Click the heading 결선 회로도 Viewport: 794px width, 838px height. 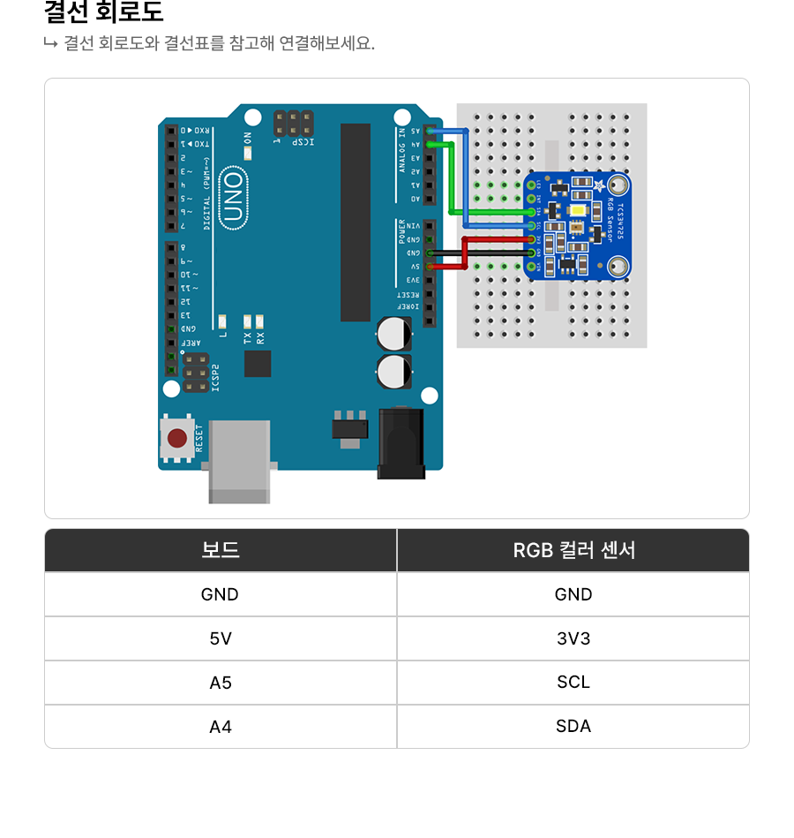(x=103, y=13)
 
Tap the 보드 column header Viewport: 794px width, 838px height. (x=221, y=550)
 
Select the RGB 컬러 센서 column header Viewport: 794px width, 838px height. (x=573, y=550)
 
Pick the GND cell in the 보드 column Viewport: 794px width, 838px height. (x=221, y=594)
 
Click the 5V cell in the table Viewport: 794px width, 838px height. (x=221, y=638)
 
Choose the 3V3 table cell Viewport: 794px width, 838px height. (x=573, y=638)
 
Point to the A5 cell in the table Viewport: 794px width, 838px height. (x=221, y=683)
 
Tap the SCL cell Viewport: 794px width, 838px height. (x=573, y=683)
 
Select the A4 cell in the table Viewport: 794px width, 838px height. (x=221, y=727)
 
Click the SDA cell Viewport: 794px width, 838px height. (x=573, y=727)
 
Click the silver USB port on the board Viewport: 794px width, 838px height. (x=239, y=459)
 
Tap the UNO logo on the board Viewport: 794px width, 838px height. (x=234, y=195)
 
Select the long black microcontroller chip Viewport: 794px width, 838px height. (x=356, y=223)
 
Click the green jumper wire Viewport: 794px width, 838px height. (x=452, y=177)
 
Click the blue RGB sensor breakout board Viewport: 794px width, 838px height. (x=577, y=226)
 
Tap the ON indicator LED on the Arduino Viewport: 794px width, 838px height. (x=248, y=152)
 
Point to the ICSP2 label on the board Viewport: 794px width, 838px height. (x=215, y=377)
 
